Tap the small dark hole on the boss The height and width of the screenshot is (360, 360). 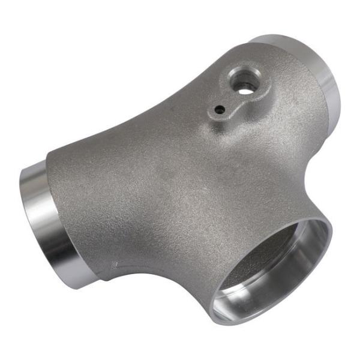click(221, 109)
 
